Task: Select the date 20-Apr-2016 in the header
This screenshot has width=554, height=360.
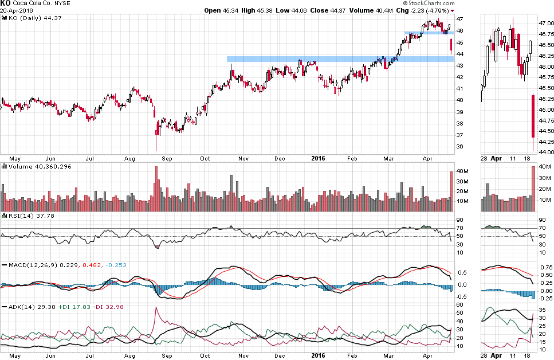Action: coord(18,11)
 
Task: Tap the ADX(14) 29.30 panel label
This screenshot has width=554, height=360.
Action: coord(23,307)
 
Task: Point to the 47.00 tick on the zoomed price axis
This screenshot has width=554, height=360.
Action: coord(545,24)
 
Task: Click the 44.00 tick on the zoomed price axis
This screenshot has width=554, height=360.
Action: coord(545,152)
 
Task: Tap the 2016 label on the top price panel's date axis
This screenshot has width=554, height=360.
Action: coord(319,157)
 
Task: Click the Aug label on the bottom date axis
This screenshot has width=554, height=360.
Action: coord(129,355)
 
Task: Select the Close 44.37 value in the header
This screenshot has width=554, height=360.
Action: coord(327,11)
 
